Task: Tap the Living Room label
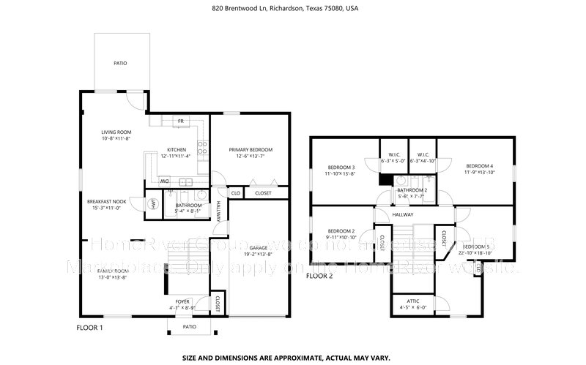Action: [x=116, y=132]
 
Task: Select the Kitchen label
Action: [x=177, y=149]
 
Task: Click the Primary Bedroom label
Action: [x=245, y=148]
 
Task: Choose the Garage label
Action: [x=258, y=248]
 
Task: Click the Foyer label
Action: [x=182, y=301]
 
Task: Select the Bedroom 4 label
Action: [x=480, y=166]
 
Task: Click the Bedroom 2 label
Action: [x=341, y=230]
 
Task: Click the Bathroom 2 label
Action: [x=412, y=189]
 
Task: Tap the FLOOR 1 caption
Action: [x=90, y=328]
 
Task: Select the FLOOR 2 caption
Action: [x=319, y=276]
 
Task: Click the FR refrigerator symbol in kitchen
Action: [x=180, y=120]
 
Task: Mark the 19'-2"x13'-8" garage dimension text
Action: [x=258, y=255]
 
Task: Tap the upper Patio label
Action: [x=120, y=64]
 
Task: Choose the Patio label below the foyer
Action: [x=189, y=327]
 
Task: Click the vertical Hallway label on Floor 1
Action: [x=218, y=212]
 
